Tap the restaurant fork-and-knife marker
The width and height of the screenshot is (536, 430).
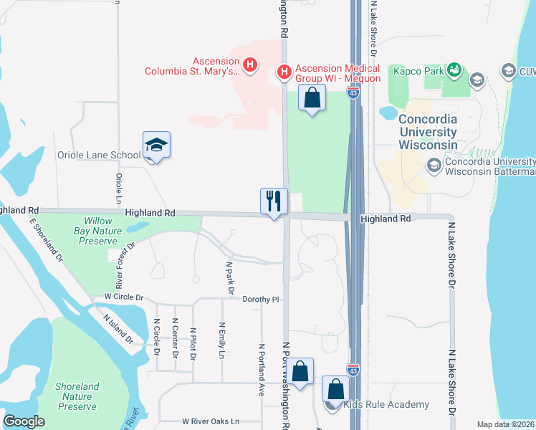[x=274, y=201]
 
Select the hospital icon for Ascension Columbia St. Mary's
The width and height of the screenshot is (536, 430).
[x=250, y=66]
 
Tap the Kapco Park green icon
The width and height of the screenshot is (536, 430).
[x=454, y=70]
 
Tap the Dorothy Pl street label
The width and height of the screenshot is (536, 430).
[x=259, y=299]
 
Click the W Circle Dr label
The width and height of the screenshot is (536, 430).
[x=124, y=297]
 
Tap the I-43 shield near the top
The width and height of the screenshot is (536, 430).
[x=353, y=92]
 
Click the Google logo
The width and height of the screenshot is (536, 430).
[x=24, y=421]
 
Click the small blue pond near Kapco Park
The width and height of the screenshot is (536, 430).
[x=387, y=113]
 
